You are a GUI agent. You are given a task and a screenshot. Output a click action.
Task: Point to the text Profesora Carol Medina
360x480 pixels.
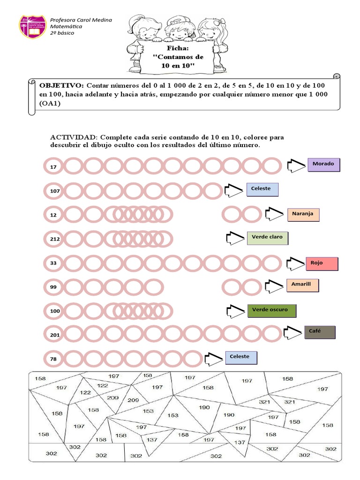81,20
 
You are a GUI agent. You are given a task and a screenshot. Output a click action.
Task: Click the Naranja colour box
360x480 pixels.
303,214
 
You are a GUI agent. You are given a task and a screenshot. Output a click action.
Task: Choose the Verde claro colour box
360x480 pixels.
267,238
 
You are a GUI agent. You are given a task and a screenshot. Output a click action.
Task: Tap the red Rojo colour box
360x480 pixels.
322,263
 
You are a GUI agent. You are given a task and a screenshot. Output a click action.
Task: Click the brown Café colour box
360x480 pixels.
320,332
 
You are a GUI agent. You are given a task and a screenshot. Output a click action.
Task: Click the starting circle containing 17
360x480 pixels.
53,166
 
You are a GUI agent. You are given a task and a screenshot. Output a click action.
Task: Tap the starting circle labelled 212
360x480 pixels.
55,239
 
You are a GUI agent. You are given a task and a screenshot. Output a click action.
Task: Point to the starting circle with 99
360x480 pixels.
53,287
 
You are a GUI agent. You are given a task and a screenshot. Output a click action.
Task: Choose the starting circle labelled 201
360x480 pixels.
55,335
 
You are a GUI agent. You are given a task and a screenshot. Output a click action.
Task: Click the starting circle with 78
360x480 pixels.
53,359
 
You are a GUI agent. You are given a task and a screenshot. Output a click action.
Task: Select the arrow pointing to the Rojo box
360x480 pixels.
296,264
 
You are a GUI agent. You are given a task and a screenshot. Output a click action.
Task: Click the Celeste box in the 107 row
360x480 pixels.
262,189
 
